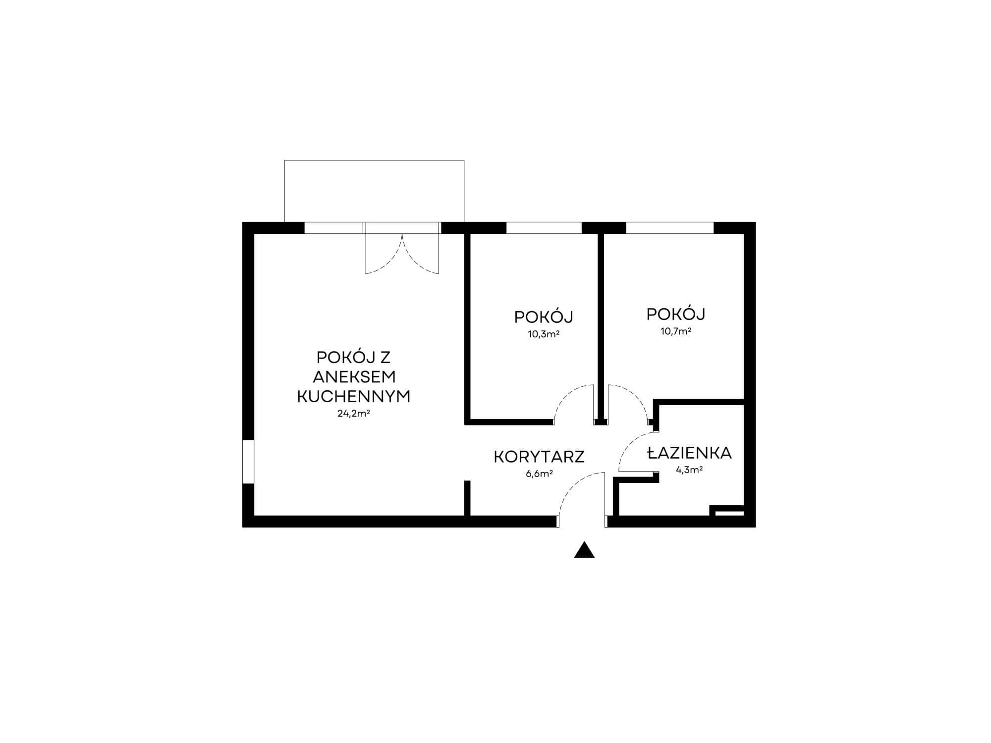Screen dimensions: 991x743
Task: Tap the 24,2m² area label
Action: point(354,413)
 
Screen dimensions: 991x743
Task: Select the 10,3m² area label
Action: point(544,334)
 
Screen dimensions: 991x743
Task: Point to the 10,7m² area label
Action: point(676,331)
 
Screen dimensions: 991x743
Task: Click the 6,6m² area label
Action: point(539,474)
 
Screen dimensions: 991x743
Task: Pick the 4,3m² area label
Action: point(689,470)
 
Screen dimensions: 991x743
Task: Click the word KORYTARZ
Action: point(539,457)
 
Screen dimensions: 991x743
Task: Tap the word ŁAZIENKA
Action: point(689,453)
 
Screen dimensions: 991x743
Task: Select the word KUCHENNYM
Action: point(354,396)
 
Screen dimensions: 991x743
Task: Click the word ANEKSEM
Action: point(354,376)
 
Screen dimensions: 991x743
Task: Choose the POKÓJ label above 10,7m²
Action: point(676,314)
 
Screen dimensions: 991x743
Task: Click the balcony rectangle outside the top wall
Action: point(374,191)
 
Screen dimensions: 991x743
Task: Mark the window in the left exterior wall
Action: point(248,461)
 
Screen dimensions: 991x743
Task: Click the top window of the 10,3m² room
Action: point(544,228)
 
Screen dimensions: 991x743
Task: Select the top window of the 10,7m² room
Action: point(670,228)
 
